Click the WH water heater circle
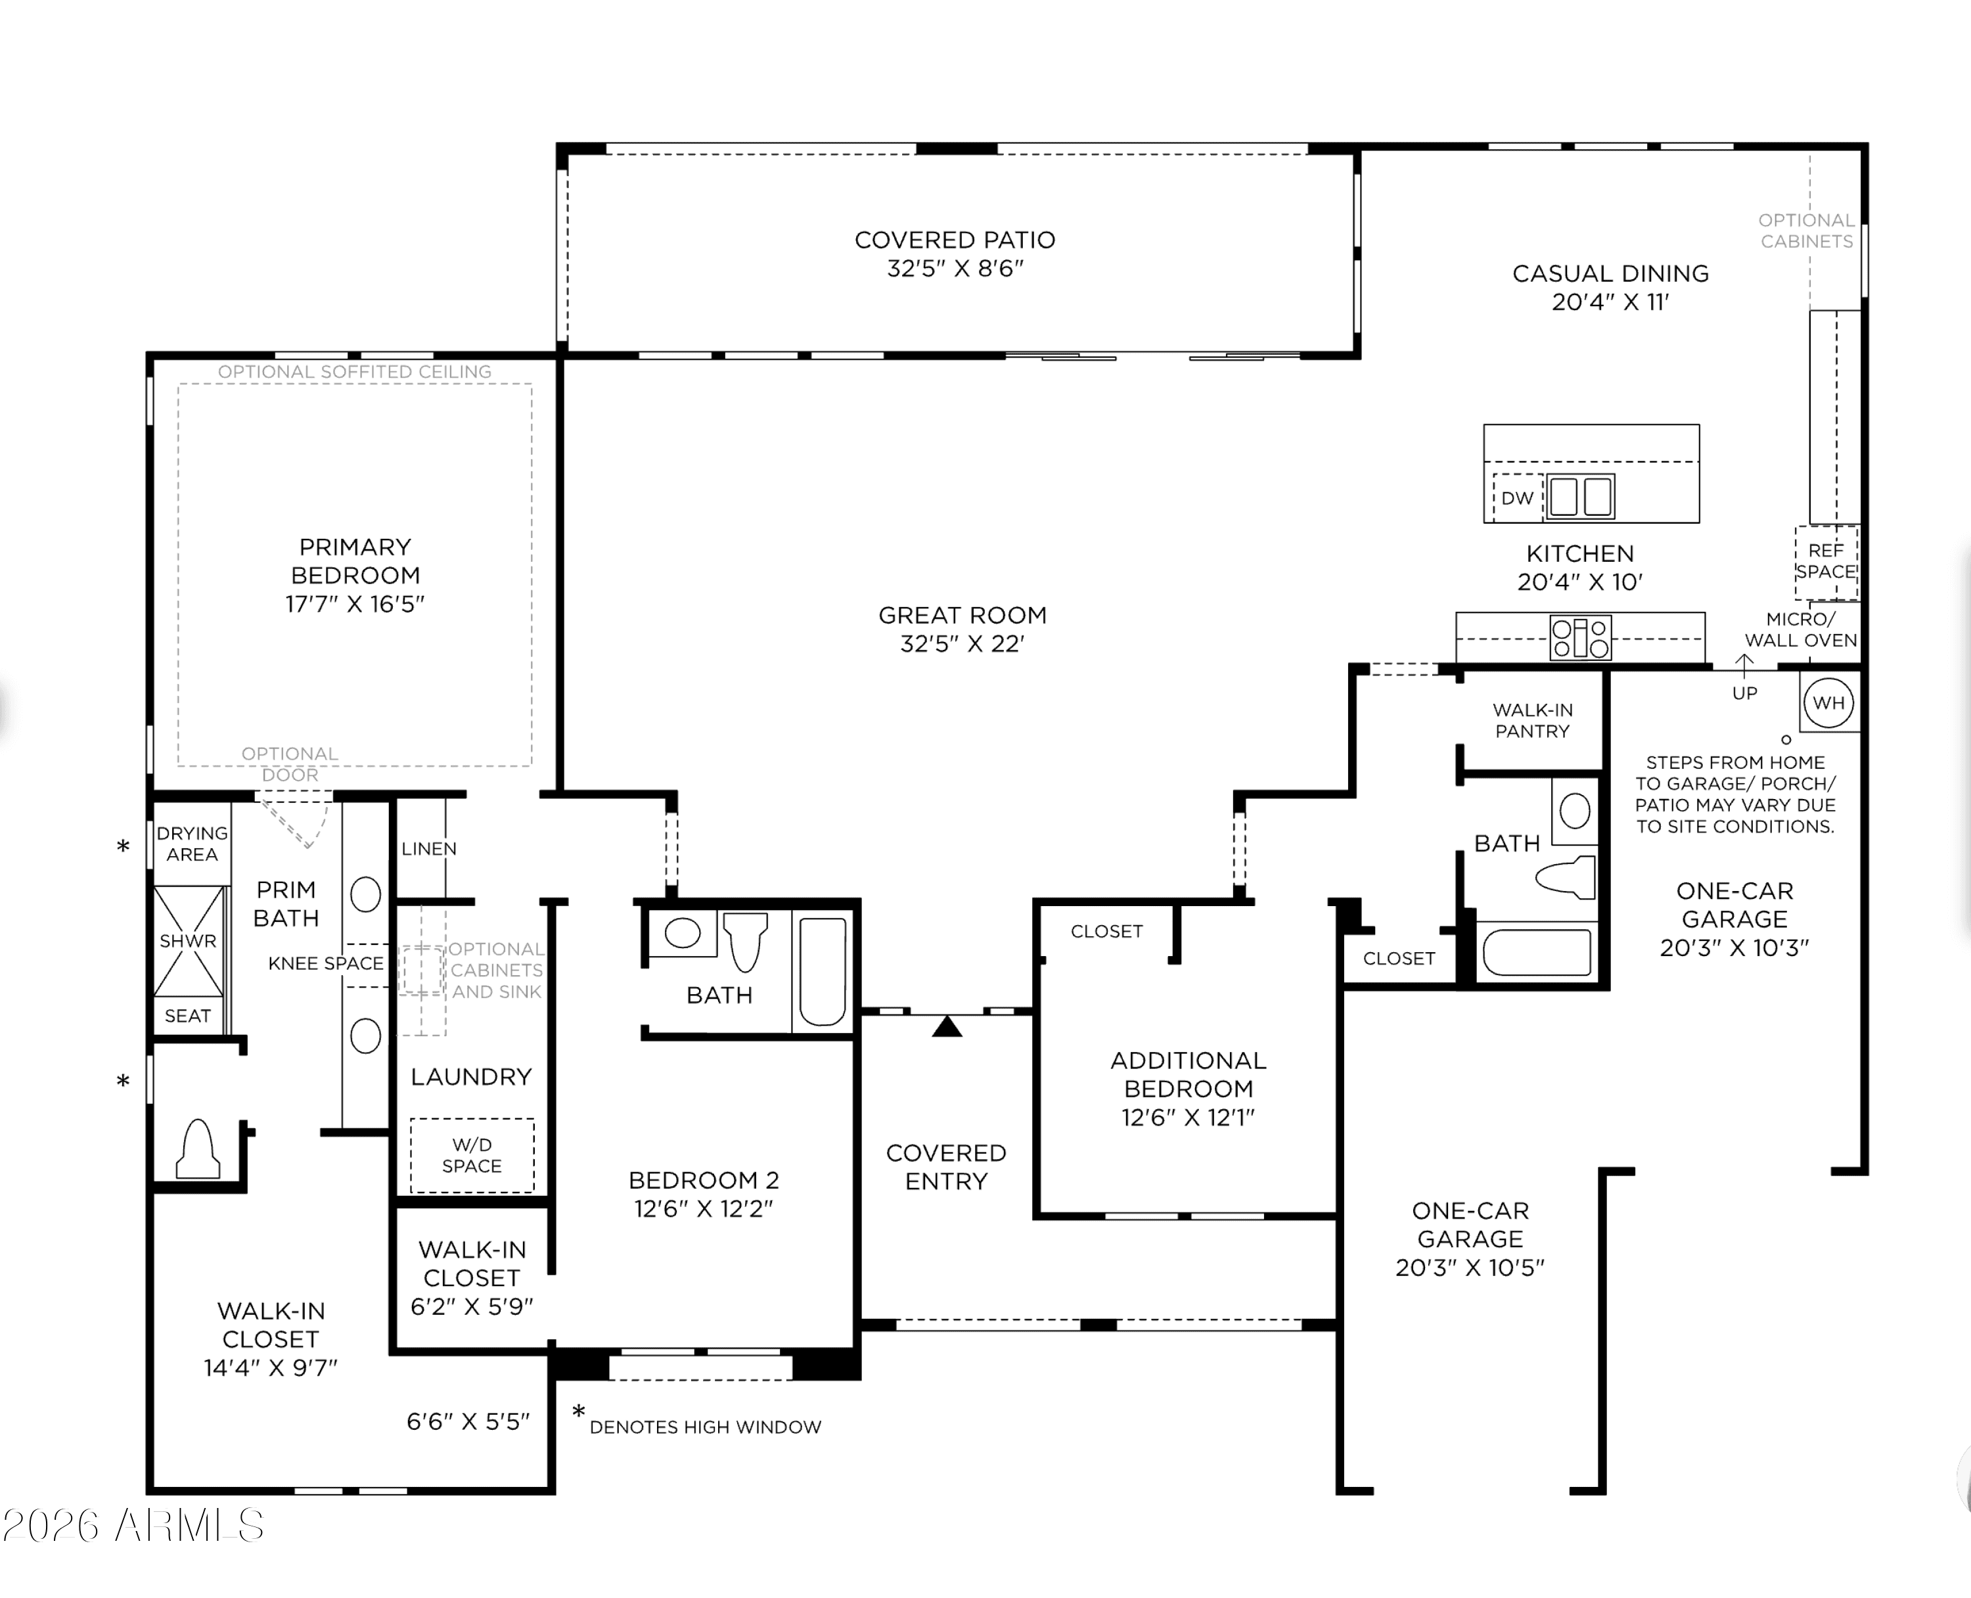point(1828,702)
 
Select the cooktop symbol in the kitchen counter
point(1580,637)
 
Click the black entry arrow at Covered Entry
point(947,1026)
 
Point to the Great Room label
point(963,615)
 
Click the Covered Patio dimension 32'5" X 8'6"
point(955,268)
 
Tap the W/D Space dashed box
point(472,1155)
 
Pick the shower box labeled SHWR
point(189,941)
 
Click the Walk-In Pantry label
point(1532,721)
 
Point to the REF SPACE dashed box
point(1826,562)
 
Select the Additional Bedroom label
point(1188,1074)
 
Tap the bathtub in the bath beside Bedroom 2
point(823,971)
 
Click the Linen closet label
point(429,849)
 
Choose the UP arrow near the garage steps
point(1744,663)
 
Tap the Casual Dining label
point(1610,273)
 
